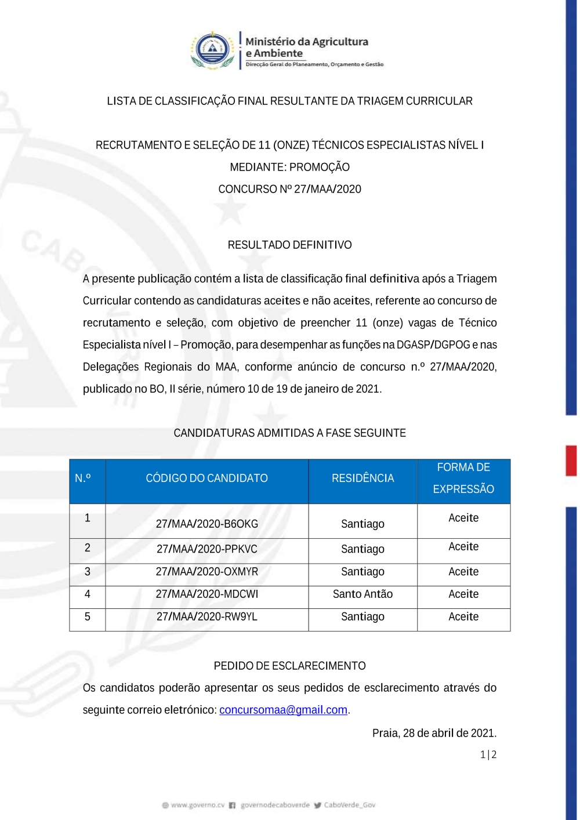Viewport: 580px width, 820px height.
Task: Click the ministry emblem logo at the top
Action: (x=212, y=50)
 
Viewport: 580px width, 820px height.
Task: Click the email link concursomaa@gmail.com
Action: (x=283, y=710)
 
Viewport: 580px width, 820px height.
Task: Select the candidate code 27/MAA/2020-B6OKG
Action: (x=206, y=524)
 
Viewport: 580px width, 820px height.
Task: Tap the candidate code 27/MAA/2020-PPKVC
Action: (x=206, y=549)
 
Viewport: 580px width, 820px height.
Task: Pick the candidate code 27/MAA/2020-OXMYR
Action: (x=206, y=572)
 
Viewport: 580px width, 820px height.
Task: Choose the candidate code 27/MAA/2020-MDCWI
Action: (x=206, y=594)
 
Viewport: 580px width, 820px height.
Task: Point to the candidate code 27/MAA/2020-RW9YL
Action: (x=206, y=617)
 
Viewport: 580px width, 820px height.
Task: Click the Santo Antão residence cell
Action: (x=362, y=594)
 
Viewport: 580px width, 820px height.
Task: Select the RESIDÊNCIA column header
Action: (x=362, y=478)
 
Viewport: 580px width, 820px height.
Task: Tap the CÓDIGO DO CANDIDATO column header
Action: (x=206, y=478)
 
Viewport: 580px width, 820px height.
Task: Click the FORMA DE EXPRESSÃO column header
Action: (x=463, y=478)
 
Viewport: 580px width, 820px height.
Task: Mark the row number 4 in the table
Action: (x=88, y=594)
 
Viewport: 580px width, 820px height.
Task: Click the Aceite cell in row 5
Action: (x=463, y=617)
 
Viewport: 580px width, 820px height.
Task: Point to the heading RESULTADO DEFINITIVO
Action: (x=289, y=245)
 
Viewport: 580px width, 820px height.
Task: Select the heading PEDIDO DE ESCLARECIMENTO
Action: (x=289, y=666)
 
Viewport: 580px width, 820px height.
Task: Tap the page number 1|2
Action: (x=488, y=754)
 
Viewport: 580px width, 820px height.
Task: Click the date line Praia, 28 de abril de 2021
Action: (x=434, y=733)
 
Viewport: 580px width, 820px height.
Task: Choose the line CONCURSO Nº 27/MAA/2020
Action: (x=289, y=189)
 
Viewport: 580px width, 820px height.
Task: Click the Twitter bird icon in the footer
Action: (x=317, y=805)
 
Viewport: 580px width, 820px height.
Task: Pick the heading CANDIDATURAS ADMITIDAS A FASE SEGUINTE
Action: (x=289, y=433)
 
